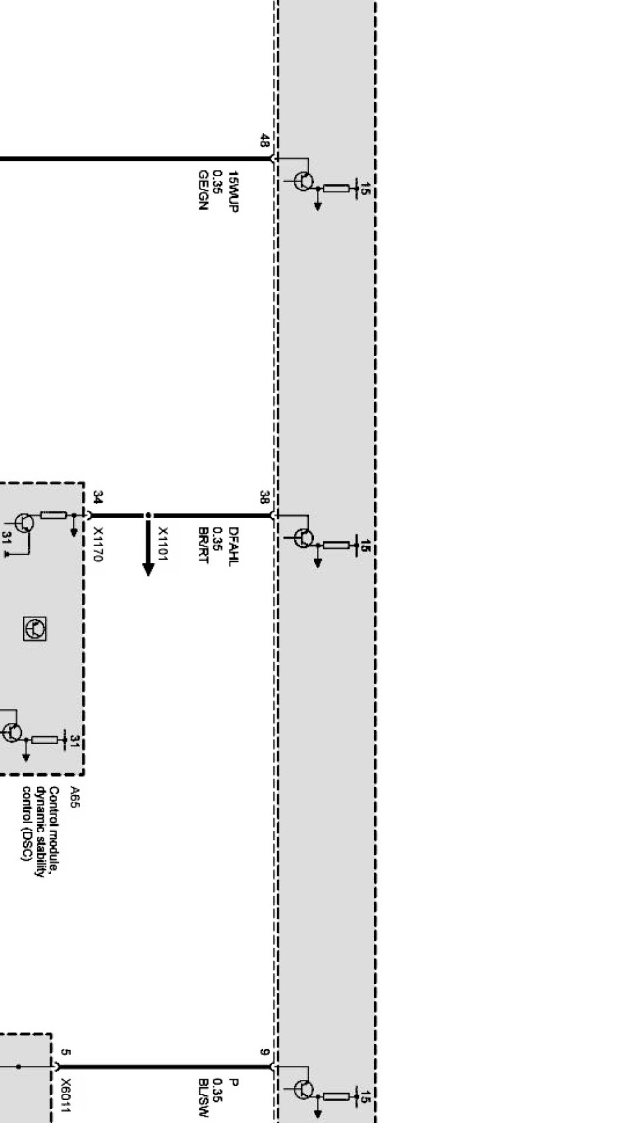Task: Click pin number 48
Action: coord(264,141)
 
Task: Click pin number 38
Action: coord(264,497)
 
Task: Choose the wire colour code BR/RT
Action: coord(203,545)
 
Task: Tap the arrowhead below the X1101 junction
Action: coord(148,569)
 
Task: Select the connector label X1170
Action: coord(98,545)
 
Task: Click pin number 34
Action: coord(98,498)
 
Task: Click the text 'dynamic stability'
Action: coord(41,831)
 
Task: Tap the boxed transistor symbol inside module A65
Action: coord(35,627)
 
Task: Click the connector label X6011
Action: coord(66,1096)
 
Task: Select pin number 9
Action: coord(264,1052)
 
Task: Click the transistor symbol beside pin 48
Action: coord(303,181)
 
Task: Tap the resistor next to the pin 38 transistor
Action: coord(336,545)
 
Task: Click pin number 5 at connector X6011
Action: coord(64,1052)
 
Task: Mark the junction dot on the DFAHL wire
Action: coord(148,515)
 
